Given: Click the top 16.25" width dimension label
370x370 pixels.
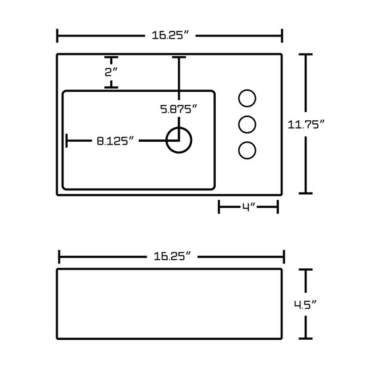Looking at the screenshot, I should (x=170, y=36).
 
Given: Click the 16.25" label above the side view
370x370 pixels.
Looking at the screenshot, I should (x=170, y=255).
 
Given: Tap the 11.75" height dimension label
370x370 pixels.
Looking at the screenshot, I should (x=306, y=124).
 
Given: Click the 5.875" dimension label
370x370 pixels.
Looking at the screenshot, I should (x=179, y=110).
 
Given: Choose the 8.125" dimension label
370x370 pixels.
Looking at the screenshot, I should (x=115, y=141).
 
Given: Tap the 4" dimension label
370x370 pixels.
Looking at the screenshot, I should (x=249, y=208).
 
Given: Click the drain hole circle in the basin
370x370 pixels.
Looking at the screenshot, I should (x=179, y=141).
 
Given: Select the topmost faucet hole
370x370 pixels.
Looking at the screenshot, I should (x=247, y=99).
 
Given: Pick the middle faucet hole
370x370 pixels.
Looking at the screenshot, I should (x=247, y=125).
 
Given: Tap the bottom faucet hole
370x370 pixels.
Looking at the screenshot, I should (x=247, y=150).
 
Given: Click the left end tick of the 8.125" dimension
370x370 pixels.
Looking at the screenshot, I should (x=67, y=141).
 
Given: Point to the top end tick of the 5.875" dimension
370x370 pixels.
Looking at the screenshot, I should (x=179, y=57).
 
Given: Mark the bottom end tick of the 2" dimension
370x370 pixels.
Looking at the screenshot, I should (x=111, y=87).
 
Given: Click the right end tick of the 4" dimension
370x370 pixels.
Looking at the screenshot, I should (x=277, y=208).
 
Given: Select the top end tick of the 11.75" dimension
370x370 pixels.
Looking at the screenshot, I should (x=306, y=55).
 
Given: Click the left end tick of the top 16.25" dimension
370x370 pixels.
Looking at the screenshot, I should (x=57, y=36).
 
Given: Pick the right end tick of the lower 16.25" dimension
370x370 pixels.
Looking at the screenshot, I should (x=283, y=255).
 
